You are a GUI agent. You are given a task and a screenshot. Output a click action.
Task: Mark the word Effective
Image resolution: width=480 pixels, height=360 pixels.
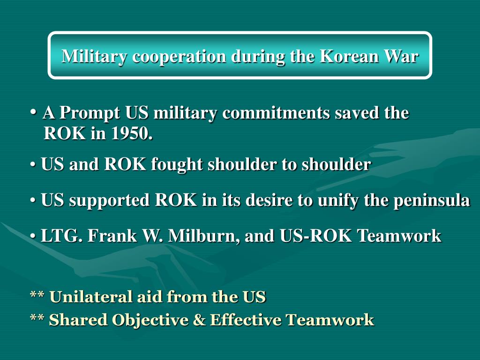(x=246, y=320)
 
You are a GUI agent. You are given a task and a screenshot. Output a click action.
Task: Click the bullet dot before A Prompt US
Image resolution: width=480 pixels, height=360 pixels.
(x=34, y=112)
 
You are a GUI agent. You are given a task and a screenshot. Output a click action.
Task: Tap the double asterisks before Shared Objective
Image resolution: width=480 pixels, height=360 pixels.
(x=37, y=320)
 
